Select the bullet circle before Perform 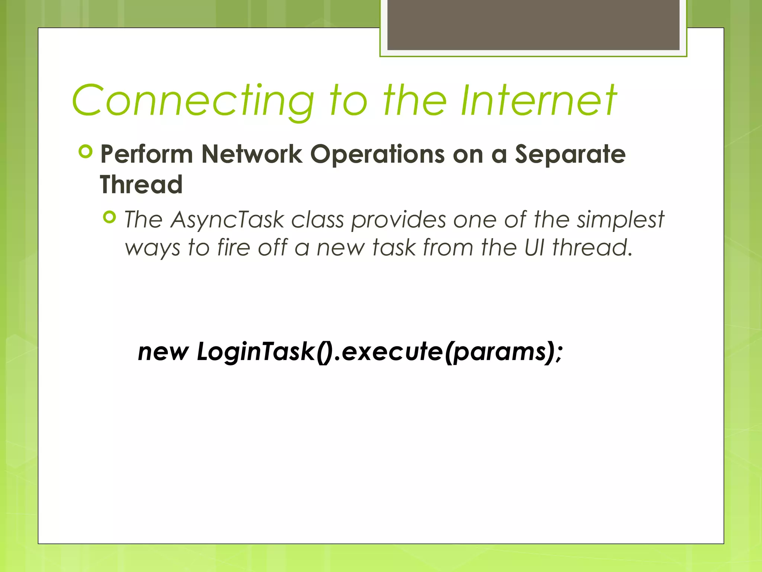pos(86,152)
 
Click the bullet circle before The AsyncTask pos(110,217)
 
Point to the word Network pos(252,154)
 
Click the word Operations pos(377,154)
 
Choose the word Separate pos(570,154)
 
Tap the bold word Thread pos(141,185)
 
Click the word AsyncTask pos(227,220)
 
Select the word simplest pos(620,220)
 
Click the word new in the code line pos(163,352)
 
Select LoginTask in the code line pos(256,352)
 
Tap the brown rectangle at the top pos(533,25)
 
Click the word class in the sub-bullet pos(317,220)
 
